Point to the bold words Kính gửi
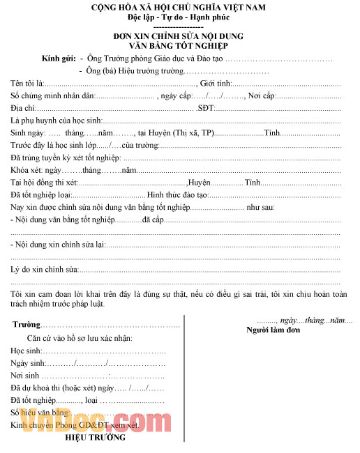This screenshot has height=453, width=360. point(59,59)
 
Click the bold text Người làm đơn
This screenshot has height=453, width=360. point(273,330)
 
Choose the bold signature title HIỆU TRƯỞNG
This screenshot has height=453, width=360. point(96,438)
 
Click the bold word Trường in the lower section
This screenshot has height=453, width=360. point(26,325)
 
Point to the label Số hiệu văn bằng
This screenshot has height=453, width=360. point(39,413)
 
